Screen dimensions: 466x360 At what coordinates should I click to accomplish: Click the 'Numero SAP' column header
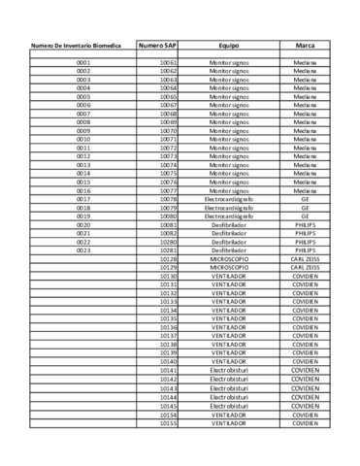click(x=157, y=46)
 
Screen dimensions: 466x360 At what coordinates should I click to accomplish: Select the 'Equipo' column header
click(x=229, y=46)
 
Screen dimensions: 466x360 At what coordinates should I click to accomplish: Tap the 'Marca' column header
click(x=304, y=46)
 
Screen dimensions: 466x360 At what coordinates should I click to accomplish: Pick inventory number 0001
click(x=82, y=63)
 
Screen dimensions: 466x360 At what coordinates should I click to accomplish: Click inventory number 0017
click(x=82, y=199)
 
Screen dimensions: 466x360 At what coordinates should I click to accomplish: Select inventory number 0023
click(x=82, y=250)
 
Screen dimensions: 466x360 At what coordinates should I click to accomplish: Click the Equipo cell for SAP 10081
click(x=229, y=224)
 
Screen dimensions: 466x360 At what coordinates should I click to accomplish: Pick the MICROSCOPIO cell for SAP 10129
click(x=229, y=267)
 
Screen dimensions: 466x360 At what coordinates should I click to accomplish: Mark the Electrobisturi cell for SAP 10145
click(x=229, y=406)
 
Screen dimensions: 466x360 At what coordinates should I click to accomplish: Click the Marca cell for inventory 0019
click(x=304, y=216)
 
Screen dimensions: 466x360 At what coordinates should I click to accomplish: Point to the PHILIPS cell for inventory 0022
click(x=304, y=242)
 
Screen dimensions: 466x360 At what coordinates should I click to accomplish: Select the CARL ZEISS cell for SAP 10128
click(x=304, y=259)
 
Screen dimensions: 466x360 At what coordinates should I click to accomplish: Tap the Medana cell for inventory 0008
click(x=304, y=122)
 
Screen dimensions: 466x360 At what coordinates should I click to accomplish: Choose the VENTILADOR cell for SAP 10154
click(x=229, y=415)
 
